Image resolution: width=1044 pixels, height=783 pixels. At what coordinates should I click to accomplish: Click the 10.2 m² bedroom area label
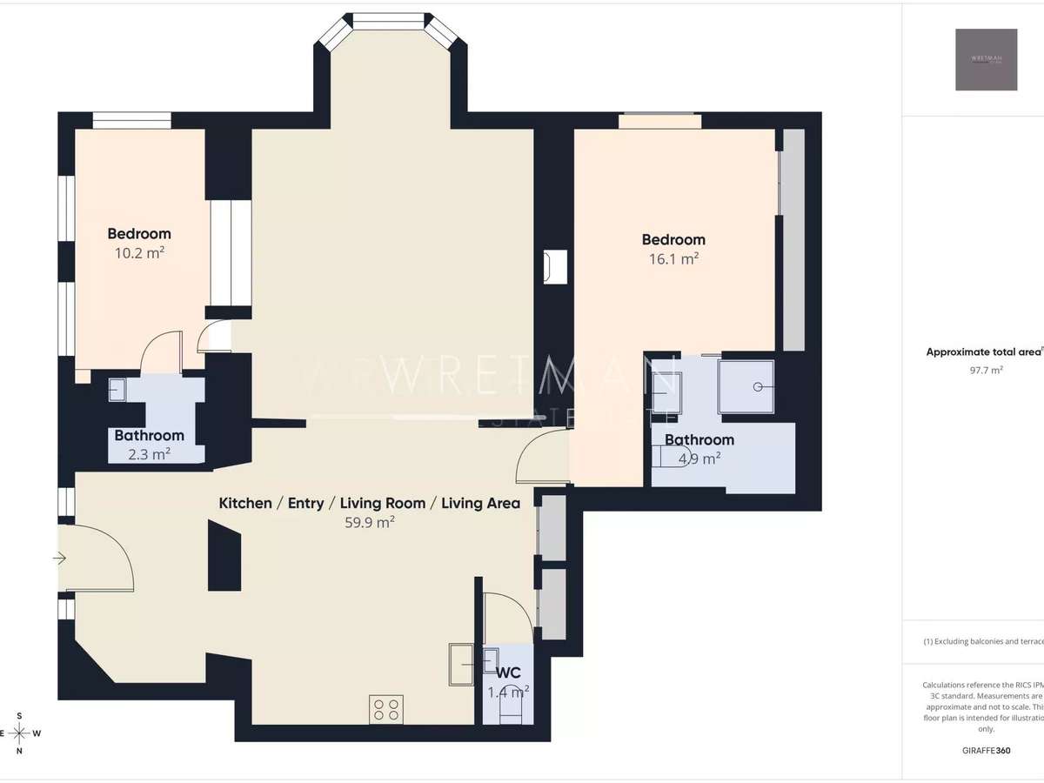click(139, 254)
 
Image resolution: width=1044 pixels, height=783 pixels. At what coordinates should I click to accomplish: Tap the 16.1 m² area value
click(673, 259)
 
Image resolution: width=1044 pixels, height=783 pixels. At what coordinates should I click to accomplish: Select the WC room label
click(508, 673)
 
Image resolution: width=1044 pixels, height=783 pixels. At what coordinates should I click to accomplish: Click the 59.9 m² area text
click(370, 523)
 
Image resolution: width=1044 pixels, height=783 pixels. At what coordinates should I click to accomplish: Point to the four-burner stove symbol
click(385, 709)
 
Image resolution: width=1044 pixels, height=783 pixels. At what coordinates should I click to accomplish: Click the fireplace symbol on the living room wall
click(554, 266)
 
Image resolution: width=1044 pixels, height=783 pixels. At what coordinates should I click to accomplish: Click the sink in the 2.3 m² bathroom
click(117, 390)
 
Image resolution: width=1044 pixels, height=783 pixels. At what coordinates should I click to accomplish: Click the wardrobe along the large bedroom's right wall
click(793, 239)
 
